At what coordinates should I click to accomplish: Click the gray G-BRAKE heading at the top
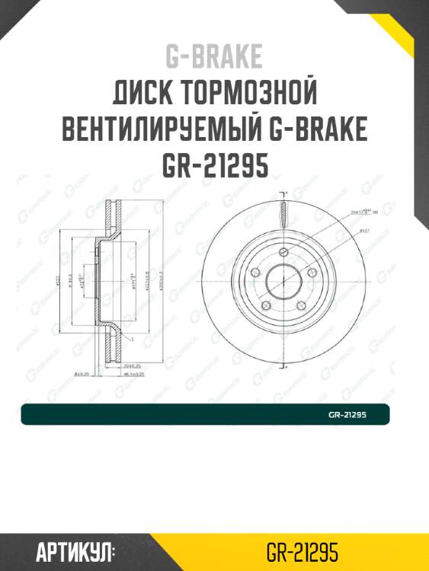point(213,57)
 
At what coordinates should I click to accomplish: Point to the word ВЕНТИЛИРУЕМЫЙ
point(162,130)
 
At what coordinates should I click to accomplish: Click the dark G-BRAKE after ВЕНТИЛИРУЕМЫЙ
point(320,130)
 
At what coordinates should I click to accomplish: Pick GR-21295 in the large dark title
point(214,165)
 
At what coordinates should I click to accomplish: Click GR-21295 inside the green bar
point(347,415)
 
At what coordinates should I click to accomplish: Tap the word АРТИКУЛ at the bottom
point(75,552)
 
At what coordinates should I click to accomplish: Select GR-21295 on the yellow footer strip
point(303,552)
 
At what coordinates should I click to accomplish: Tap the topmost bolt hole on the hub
point(283,252)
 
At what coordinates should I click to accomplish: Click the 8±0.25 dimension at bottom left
point(84,374)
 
